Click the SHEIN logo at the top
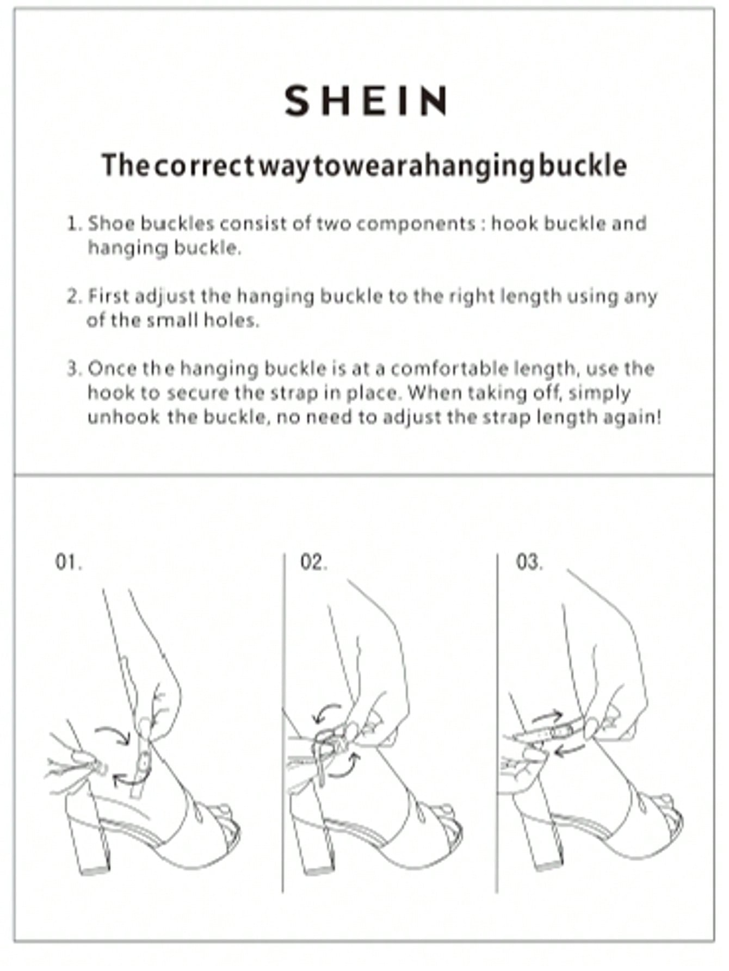[x=366, y=101]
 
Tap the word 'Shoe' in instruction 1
[x=108, y=224]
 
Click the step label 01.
[x=69, y=562]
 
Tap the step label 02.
[x=313, y=562]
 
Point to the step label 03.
[x=529, y=562]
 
